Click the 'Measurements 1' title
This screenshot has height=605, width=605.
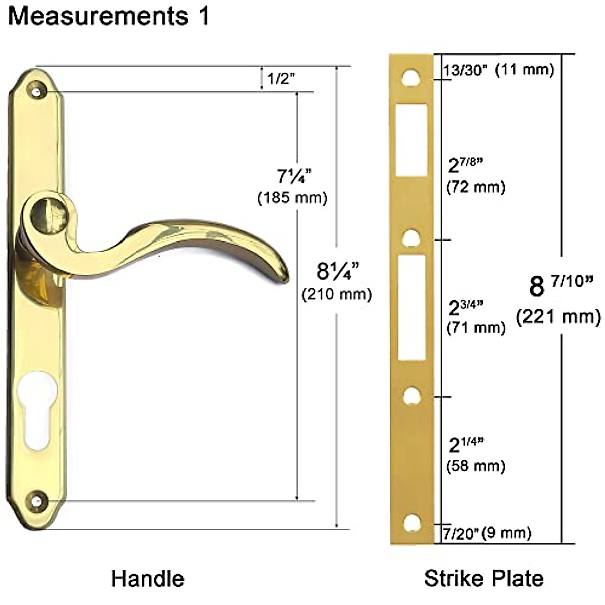[x=108, y=16]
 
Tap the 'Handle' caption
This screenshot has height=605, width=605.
[x=148, y=579]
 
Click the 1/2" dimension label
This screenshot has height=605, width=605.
[x=281, y=78]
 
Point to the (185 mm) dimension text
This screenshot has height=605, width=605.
[x=292, y=198]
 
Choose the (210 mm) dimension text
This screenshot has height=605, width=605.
[x=337, y=294]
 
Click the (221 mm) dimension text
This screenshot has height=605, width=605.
[x=559, y=317]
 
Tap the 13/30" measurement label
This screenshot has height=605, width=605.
[x=465, y=70]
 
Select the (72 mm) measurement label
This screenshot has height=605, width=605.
[x=475, y=188]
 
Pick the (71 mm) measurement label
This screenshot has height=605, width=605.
[x=475, y=328]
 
